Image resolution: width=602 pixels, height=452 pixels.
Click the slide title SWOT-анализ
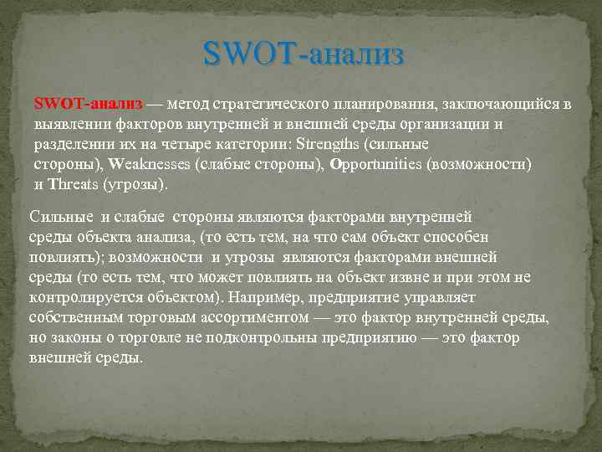point(303,55)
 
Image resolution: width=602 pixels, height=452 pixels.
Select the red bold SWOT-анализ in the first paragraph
point(89,105)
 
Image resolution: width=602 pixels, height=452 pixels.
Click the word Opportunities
point(375,164)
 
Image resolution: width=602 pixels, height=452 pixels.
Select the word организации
point(456,125)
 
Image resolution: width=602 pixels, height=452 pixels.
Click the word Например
point(268,297)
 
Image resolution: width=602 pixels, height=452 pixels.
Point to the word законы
point(79,337)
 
